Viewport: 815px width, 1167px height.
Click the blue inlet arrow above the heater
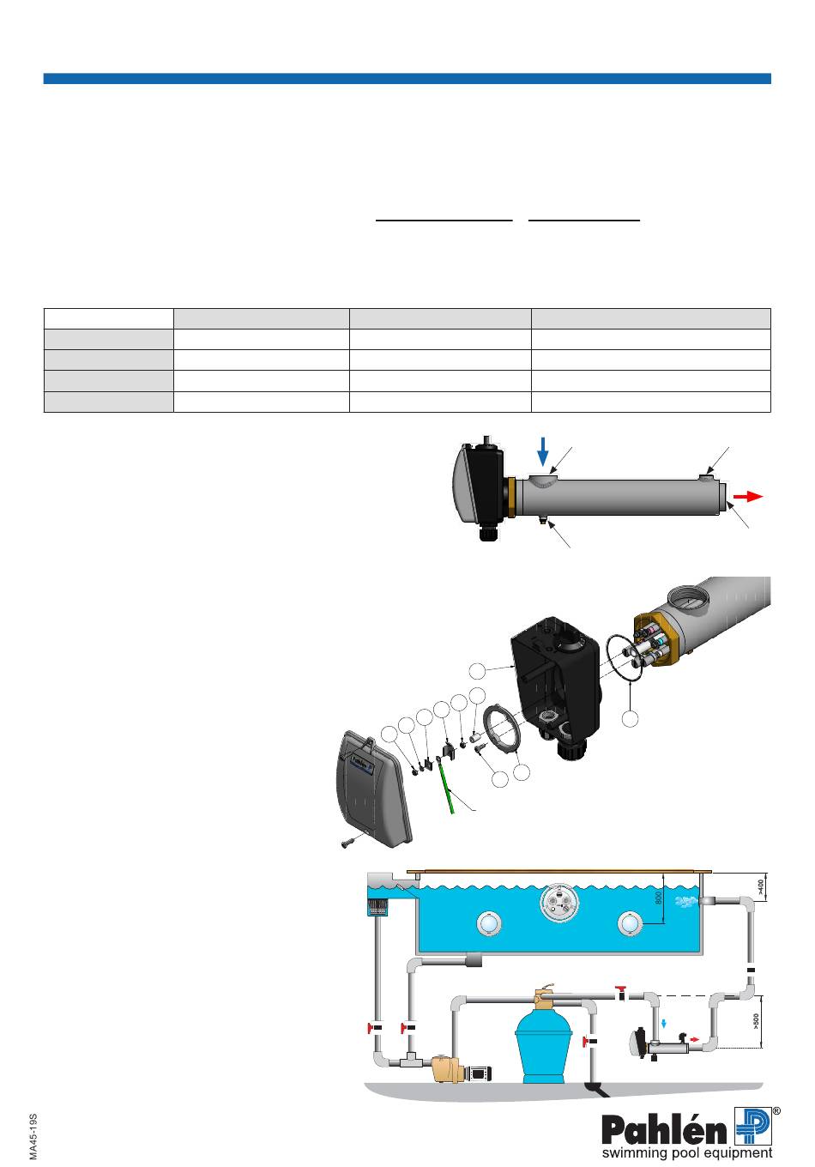click(543, 451)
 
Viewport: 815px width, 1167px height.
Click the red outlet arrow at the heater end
click(748, 497)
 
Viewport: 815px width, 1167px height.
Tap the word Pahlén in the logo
click(663, 1129)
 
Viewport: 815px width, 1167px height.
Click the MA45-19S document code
click(33, 1136)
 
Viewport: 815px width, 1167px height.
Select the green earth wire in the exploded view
click(446, 786)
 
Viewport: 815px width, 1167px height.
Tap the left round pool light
click(488, 924)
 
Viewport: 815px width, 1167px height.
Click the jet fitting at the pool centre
click(558, 904)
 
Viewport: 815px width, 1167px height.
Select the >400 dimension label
click(761, 886)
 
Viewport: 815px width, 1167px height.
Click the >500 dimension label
click(756, 1022)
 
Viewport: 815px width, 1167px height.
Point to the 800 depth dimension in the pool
click(658, 898)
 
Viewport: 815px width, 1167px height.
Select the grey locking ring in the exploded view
click(502, 729)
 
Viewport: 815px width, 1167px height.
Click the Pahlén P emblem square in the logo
click(753, 1126)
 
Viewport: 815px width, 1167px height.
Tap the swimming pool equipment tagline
click(687, 1152)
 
